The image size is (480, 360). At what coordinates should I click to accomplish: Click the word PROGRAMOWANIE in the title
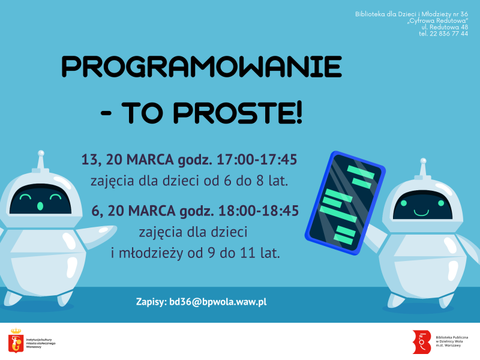[202, 67]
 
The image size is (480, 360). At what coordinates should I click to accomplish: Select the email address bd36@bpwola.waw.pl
[217, 302]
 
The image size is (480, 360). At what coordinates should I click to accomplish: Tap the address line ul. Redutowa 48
[445, 27]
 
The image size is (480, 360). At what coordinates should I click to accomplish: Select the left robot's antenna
[40, 159]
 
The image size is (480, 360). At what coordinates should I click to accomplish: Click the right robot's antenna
[423, 168]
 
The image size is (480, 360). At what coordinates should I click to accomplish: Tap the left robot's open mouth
[40, 206]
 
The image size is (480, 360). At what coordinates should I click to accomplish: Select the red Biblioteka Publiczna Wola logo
[421, 341]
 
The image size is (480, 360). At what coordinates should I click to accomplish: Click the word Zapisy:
[151, 302]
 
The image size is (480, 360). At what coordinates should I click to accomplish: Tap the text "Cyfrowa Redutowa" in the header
[437, 20]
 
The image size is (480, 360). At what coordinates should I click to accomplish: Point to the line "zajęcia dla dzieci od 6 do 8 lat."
[190, 181]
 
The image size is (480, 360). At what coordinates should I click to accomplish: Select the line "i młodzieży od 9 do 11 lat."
[196, 253]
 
